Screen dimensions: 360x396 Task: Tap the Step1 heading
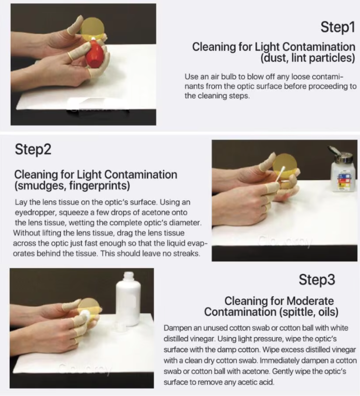[x=338, y=27]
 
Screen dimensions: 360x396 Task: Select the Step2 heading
[x=33, y=149]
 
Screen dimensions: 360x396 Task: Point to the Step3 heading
[x=317, y=279]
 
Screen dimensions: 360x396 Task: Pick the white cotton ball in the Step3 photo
[x=84, y=316]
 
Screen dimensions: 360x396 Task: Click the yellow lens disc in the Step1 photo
[x=93, y=28]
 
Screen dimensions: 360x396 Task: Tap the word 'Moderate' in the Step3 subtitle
[x=310, y=301]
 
